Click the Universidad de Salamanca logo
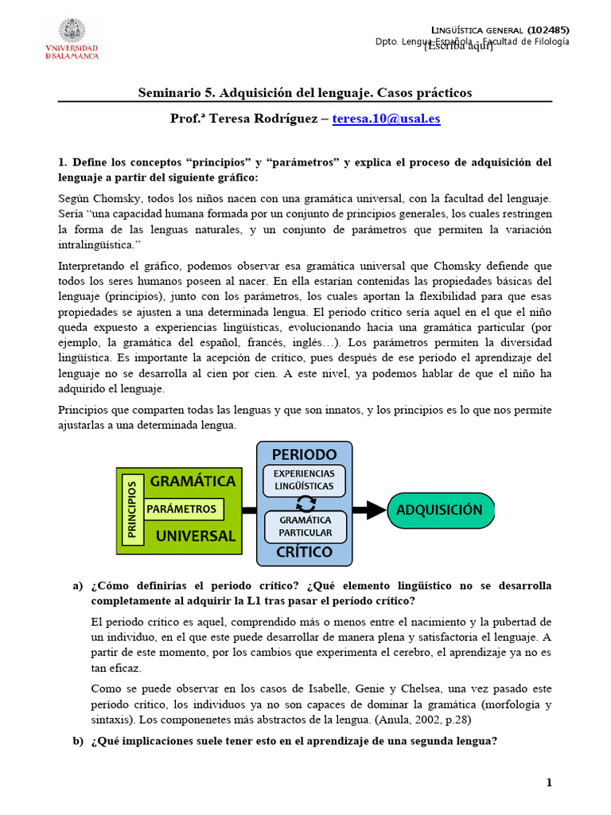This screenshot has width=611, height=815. click(x=72, y=39)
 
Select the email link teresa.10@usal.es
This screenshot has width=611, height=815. click(x=386, y=119)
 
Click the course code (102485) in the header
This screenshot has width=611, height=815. click(x=548, y=30)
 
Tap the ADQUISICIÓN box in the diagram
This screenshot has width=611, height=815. click(x=440, y=510)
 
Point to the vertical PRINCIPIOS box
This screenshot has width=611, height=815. click(x=132, y=510)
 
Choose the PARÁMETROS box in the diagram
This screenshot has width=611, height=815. click(x=182, y=509)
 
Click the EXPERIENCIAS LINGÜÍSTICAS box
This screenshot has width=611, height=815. click(x=305, y=479)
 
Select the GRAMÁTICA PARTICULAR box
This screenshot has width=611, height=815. click(x=305, y=526)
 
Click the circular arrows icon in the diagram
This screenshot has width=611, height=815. click(x=305, y=502)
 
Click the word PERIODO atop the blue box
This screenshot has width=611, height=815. click(x=304, y=454)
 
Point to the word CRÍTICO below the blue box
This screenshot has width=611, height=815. click(x=304, y=552)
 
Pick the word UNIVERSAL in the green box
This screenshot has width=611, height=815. click(x=196, y=536)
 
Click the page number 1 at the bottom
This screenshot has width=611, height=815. click(x=548, y=783)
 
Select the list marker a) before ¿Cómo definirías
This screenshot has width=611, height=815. click(x=77, y=586)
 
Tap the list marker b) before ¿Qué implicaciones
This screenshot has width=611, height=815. click(x=77, y=741)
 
